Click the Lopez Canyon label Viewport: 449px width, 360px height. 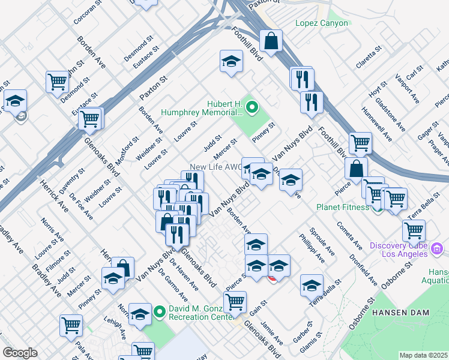[x=321, y=23]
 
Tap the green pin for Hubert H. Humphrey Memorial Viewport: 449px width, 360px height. [x=252, y=108]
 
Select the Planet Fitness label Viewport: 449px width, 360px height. [x=343, y=208]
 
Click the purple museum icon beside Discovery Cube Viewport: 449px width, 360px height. [x=437, y=248]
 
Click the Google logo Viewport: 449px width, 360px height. [x=20, y=353]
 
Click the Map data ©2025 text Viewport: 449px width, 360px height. [x=423, y=355]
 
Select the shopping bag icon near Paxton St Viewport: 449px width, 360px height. [x=271, y=41]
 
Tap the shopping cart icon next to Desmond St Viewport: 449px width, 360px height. [x=57, y=81]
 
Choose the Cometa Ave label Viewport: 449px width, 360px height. [x=351, y=236]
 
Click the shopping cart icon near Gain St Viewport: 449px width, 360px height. [x=235, y=302]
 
